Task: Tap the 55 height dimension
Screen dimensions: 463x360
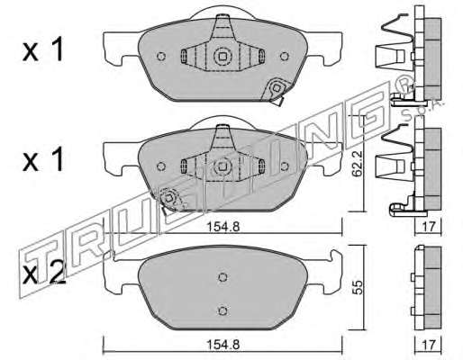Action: (358, 287)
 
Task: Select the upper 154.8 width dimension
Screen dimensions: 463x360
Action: (222, 227)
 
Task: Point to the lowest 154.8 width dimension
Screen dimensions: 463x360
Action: (222, 345)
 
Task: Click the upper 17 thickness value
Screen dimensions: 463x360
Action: (428, 227)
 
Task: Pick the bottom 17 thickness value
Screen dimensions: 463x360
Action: (428, 345)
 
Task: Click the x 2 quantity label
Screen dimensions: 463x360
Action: (43, 274)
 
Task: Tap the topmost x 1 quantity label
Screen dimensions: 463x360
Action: (43, 50)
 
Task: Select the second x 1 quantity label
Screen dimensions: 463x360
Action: (43, 160)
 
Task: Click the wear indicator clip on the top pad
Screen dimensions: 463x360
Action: (276, 90)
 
